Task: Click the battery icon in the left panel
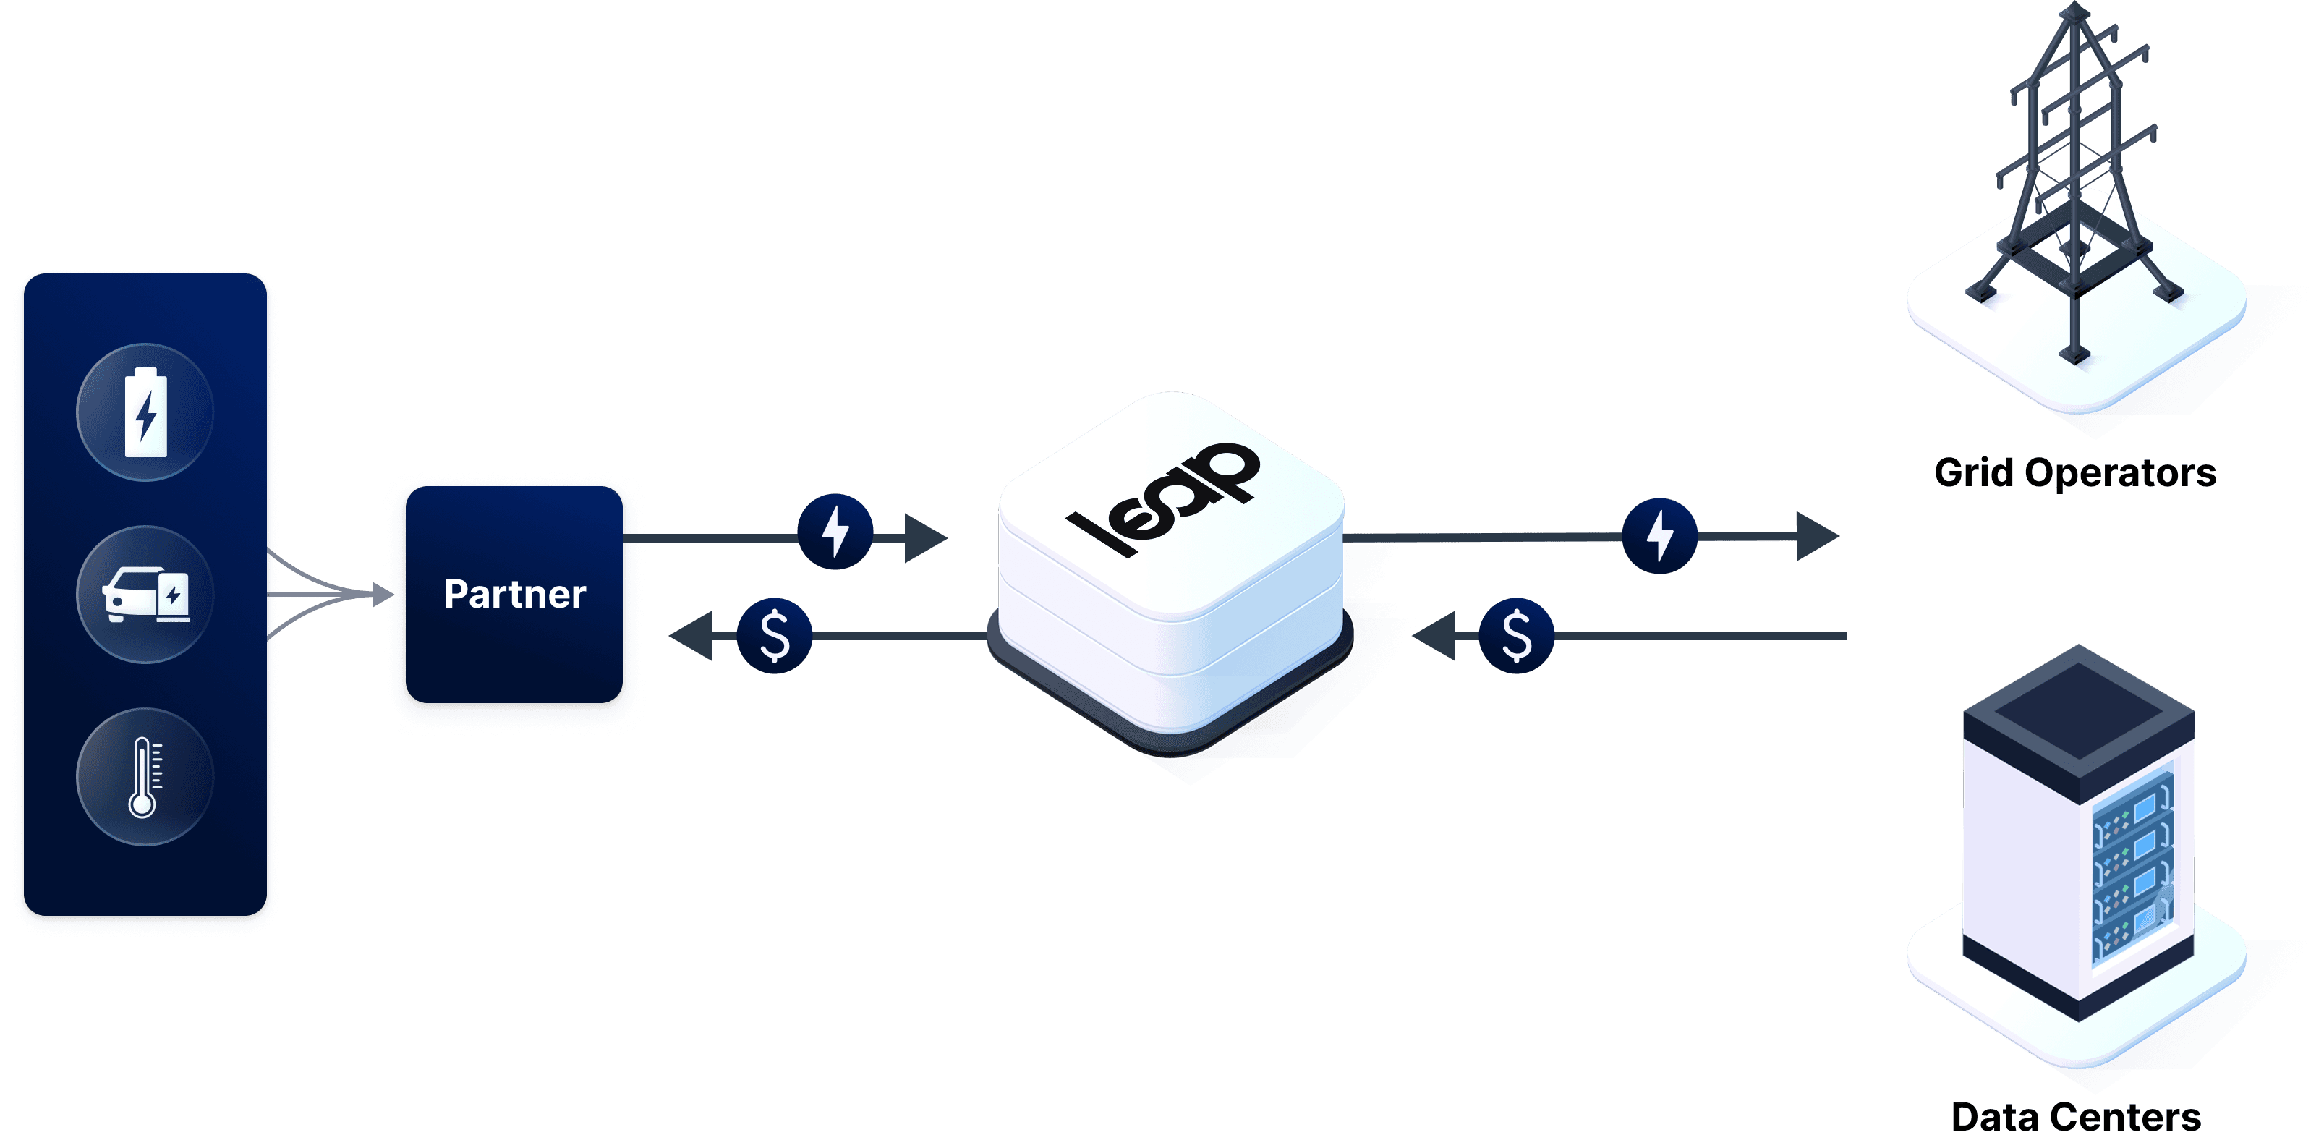(145, 412)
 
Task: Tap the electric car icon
(145, 595)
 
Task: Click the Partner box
(514, 595)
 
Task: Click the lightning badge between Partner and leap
(835, 532)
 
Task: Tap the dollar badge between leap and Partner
(775, 636)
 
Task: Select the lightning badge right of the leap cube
(1660, 536)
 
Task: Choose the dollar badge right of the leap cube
(1517, 636)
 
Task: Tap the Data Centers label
(2075, 1117)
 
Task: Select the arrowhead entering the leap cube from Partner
(924, 539)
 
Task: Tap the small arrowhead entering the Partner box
(384, 595)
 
